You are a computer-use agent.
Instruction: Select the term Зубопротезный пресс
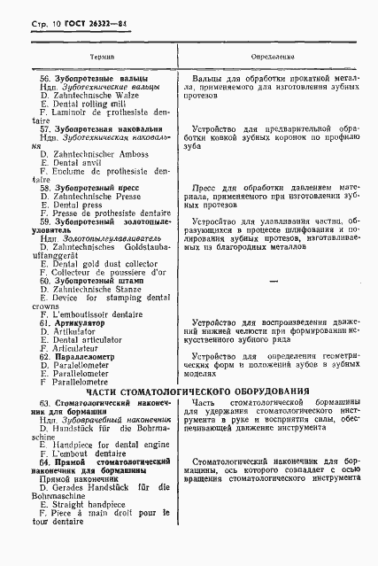89,189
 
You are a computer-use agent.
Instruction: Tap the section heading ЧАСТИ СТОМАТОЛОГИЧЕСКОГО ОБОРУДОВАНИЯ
189,391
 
